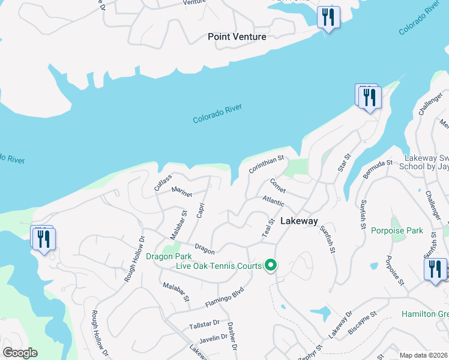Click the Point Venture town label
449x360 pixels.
(237, 37)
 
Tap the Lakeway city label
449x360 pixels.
(299, 221)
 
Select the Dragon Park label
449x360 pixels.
(164, 257)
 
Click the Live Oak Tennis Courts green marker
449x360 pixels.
(271, 265)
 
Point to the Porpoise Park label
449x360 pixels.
(397, 230)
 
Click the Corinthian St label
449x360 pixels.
(265, 166)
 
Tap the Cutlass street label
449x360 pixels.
(163, 182)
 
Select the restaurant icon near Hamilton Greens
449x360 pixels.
(435, 269)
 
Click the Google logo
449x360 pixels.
(20, 353)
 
